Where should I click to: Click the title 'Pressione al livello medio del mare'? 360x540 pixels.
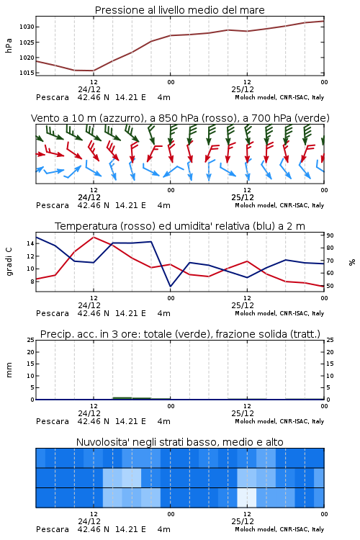[179, 10]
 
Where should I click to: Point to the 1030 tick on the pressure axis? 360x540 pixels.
[27, 27]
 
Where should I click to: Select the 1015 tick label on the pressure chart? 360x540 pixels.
[27, 73]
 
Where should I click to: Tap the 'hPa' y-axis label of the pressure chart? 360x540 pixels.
[9, 45]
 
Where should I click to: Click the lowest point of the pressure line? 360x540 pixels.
[94, 71]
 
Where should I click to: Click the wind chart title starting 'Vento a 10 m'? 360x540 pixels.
[180, 118]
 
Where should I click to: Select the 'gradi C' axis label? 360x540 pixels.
[9, 261]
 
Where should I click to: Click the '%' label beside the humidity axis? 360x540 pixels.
[352, 262]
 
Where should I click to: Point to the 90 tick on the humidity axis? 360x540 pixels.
[330, 235]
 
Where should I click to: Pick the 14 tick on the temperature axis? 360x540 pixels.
[30, 243]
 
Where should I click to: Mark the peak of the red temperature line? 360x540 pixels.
[94, 237]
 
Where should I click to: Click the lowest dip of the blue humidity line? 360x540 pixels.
[170, 286]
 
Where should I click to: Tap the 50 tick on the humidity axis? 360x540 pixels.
[330, 286]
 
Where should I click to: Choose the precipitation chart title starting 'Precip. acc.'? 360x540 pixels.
[180, 334]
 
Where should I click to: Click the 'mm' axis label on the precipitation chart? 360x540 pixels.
[9, 370]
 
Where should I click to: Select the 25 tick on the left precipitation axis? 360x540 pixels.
[30, 340]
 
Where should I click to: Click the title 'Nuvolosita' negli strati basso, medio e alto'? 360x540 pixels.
[179, 442]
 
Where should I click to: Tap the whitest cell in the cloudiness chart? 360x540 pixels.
[247, 498]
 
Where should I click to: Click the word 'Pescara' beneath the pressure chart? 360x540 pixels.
[53, 97]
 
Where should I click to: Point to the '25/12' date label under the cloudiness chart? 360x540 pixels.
[243, 521]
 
